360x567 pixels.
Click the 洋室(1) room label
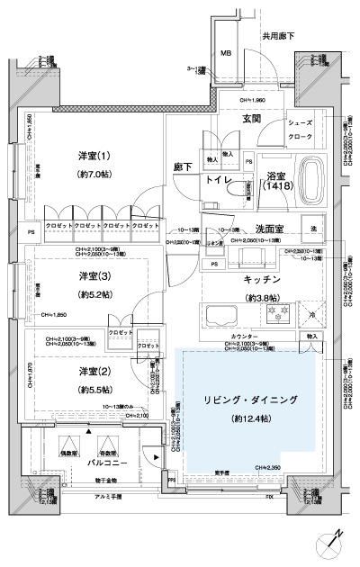click(94, 156)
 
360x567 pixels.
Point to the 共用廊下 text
click(279, 38)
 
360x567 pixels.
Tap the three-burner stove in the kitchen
click(274, 316)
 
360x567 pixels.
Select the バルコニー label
click(88, 462)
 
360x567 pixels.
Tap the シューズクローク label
click(300, 130)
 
